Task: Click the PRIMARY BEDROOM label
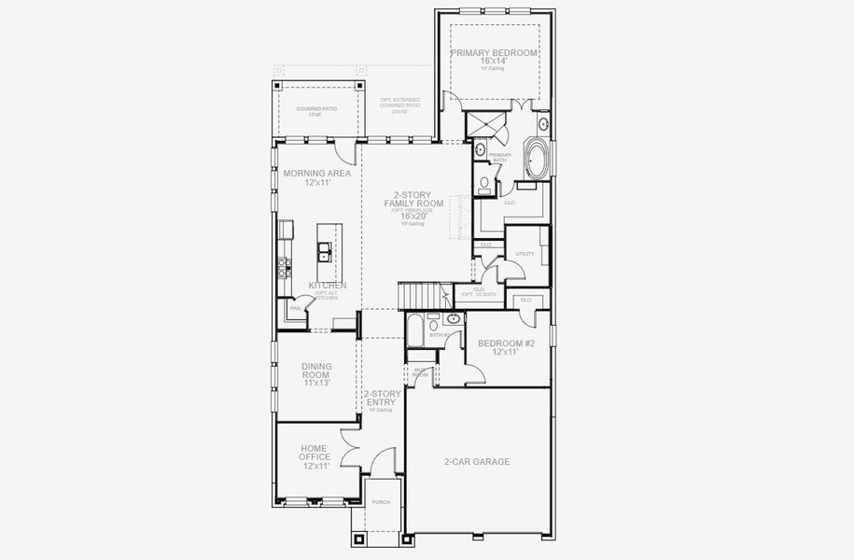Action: (494, 53)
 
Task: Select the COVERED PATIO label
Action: (316, 109)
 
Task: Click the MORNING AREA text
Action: (316, 174)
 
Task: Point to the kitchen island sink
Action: (323, 250)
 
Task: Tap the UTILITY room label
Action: (525, 253)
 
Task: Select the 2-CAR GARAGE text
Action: (476, 461)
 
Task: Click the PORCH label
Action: (381, 502)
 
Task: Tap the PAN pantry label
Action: (295, 308)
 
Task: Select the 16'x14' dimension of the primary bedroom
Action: (494, 63)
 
